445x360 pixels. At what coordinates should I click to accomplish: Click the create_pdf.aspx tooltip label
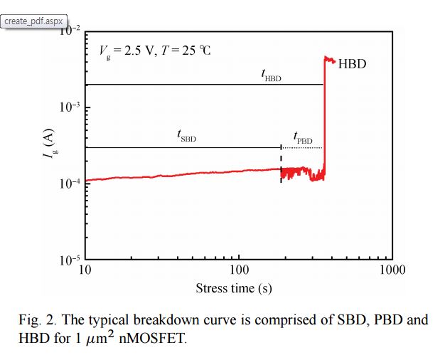(33, 21)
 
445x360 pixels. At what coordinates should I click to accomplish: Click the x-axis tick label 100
(239, 270)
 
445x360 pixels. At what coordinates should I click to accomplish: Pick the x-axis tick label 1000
(392, 270)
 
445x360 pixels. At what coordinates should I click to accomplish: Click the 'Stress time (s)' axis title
(234, 288)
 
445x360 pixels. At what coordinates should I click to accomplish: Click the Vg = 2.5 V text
(127, 51)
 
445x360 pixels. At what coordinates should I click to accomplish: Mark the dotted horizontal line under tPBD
(302, 147)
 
